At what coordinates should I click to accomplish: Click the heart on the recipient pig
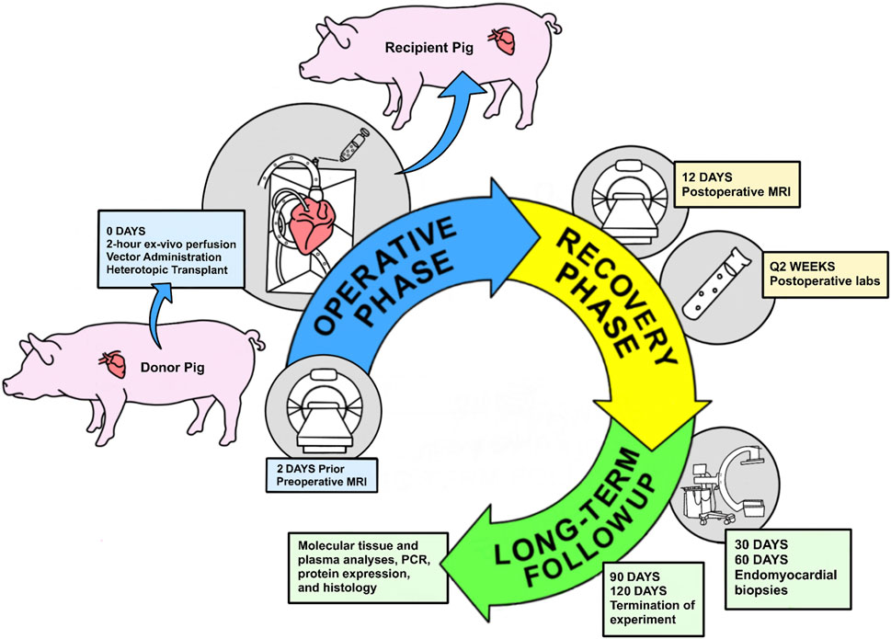(503, 40)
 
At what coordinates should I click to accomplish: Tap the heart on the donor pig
(112, 364)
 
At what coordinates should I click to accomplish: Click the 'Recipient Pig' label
(429, 48)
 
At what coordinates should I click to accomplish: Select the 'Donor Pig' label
(172, 368)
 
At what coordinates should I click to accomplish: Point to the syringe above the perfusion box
(352, 144)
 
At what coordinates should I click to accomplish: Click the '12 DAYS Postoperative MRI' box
(737, 185)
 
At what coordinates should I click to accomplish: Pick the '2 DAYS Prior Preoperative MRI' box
(322, 476)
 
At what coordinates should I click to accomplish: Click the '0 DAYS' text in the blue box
(126, 231)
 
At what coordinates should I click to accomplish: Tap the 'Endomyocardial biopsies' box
(788, 568)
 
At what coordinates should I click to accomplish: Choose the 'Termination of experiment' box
(653, 599)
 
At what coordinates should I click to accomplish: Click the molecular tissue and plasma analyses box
(368, 567)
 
